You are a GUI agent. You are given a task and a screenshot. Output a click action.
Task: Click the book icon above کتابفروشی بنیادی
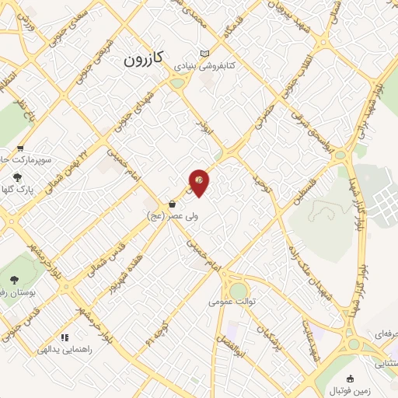(205, 53)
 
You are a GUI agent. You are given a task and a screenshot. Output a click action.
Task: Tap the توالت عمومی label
(232, 303)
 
